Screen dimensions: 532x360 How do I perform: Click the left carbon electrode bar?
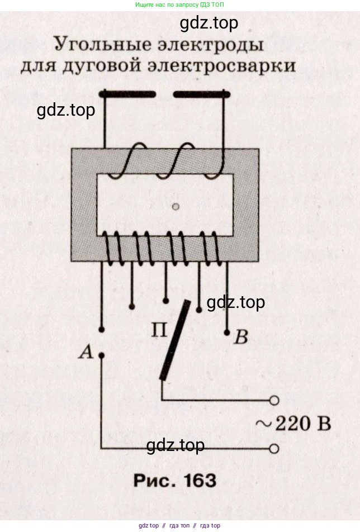pos(127,93)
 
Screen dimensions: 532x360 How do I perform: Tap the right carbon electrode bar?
pos(202,93)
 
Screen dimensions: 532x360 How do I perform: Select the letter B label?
pos(241,338)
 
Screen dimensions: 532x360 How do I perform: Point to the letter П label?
pos(159,330)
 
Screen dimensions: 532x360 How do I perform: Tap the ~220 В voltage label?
pos(293,424)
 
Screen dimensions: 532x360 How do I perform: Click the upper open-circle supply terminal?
pos(274,400)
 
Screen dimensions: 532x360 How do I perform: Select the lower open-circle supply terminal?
pos(274,448)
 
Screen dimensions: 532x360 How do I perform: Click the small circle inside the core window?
pos(176,207)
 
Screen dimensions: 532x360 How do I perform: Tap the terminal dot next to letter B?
pos(227,332)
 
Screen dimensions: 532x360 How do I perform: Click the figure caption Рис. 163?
pos(173,480)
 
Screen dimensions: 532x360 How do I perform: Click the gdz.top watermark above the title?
pos(209,23)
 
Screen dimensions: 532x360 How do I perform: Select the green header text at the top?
pos(179,4)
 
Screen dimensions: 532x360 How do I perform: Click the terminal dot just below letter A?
pos(101,355)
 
